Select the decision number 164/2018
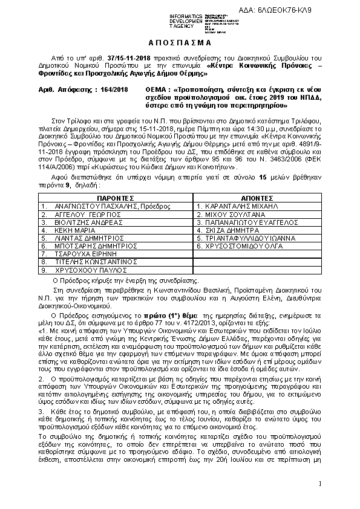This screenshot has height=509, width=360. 113,89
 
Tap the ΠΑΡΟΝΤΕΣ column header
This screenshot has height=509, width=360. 115,197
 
